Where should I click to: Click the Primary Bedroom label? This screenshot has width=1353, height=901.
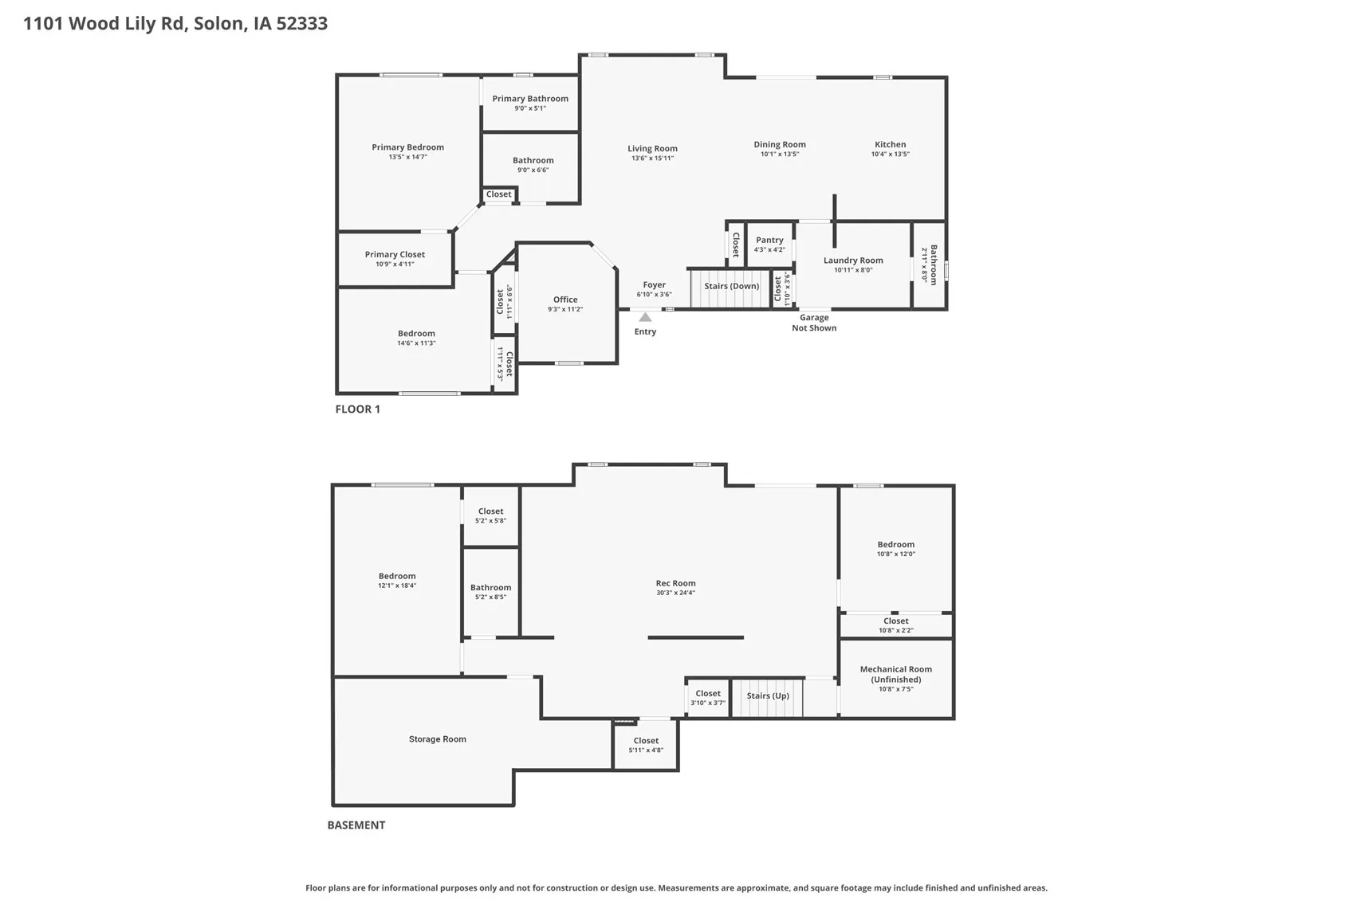[407, 147]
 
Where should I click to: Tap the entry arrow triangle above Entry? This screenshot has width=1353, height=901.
[645, 317]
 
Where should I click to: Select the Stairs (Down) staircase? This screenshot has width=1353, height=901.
[730, 288]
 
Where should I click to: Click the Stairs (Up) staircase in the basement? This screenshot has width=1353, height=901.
[768, 697]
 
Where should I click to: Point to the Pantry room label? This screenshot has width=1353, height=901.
[769, 240]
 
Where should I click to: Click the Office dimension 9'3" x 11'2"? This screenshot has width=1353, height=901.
[565, 309]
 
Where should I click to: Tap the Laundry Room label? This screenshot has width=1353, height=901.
[853, 261]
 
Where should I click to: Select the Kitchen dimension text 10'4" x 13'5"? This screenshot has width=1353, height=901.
[890, 155]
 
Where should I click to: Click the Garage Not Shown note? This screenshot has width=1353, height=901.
[814, 323]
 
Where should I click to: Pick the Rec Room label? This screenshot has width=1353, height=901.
[675, 583]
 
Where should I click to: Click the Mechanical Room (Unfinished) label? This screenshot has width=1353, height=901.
[895, 674]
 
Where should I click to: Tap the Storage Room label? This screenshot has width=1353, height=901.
[437, 739]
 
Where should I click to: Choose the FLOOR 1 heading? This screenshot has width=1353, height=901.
[357, 409]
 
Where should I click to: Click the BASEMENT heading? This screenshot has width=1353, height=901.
[356, 825]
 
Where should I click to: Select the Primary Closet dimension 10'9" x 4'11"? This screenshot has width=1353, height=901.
[395, 264]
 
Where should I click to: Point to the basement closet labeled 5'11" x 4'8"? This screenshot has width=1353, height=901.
[646, 745]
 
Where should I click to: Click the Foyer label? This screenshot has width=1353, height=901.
[654, 284]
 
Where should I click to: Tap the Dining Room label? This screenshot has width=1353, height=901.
[780, 144]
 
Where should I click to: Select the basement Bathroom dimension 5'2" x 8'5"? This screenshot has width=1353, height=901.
[490, 597]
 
